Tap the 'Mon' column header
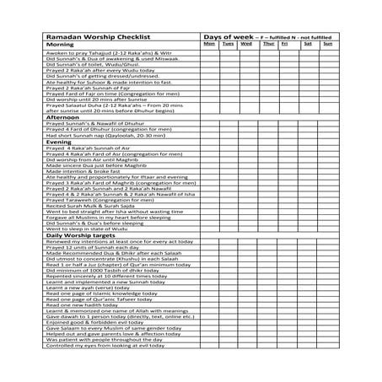tap(210, 44)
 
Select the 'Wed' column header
tap(248, 44)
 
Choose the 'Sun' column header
tap(326, 44)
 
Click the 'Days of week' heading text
tap(228, 36)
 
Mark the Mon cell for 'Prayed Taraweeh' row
tap(210, 198)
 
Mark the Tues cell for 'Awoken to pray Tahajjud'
tap(229, 52)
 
